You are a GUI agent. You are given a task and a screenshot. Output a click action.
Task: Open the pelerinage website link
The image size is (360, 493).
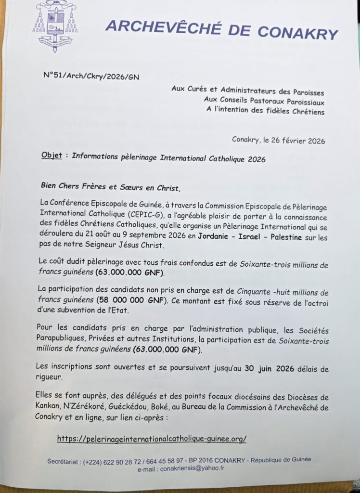(152, 439)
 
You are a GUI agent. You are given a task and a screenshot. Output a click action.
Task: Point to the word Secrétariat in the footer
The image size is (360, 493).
(63, 461)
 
